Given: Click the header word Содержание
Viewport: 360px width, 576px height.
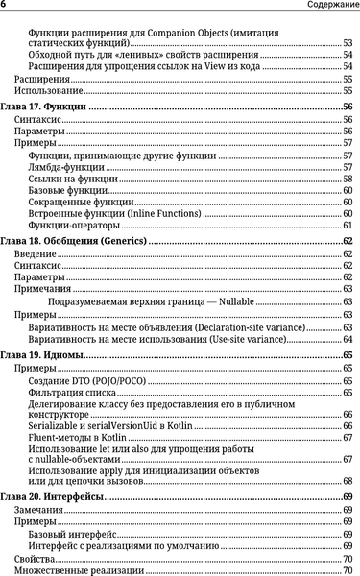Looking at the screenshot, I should pos(328,6).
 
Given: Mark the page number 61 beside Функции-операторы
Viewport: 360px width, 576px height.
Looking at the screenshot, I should pos(348,225).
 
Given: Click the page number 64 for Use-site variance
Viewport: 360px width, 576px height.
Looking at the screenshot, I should pos(348,339).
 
